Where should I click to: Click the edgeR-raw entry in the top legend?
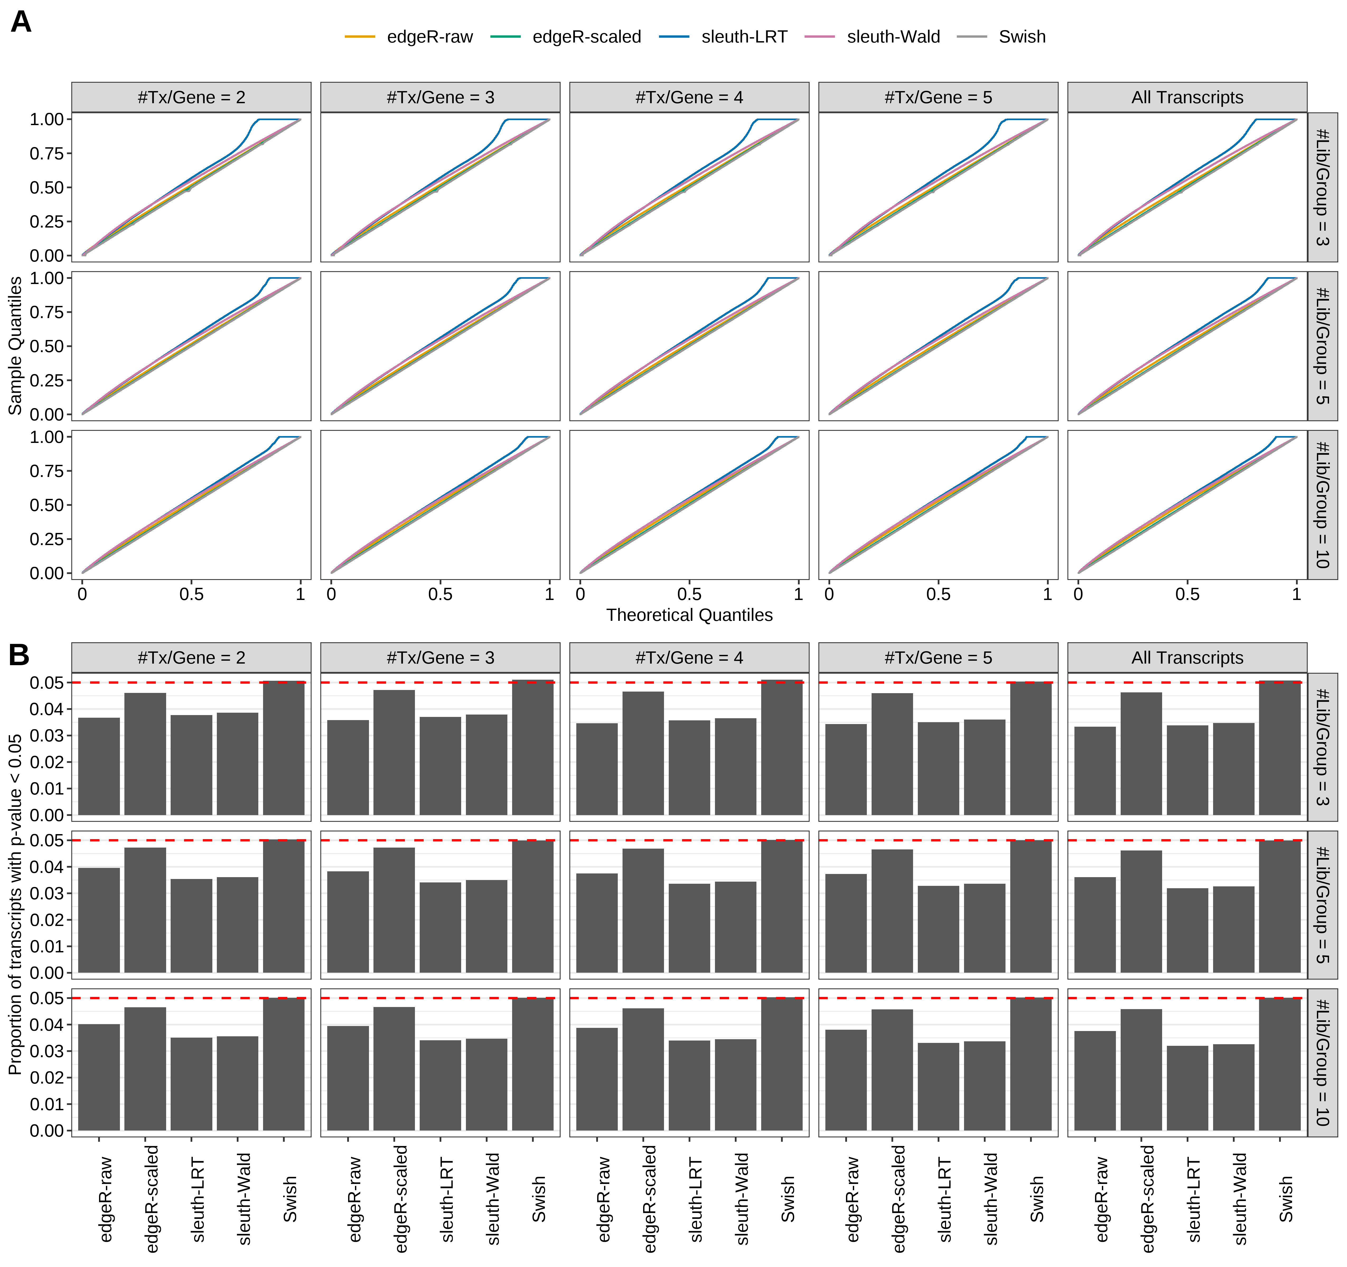(429, 37)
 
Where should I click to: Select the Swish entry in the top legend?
(1022, 37)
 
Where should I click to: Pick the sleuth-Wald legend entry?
(893, 37)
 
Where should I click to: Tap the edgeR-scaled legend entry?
(586, 37)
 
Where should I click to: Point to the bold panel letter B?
(19, 655)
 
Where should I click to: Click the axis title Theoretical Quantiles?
(689, 615)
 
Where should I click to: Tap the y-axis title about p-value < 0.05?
(15, 904)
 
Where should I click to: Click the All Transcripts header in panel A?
(1187, 97)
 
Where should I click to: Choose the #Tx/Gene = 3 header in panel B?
(441, 658)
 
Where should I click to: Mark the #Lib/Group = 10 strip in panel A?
(1322, 504)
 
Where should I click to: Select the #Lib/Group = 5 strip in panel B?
(1322, 905)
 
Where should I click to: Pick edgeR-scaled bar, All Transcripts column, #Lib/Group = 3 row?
(1141, 754)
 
